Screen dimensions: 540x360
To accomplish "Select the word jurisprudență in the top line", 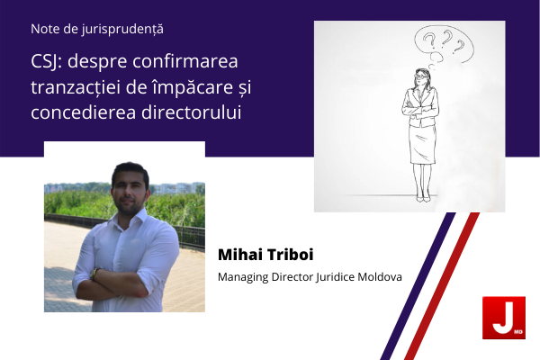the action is coord(122,30).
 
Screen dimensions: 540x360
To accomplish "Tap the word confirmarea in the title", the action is coord(185,61).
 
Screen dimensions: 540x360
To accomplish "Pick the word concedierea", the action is coord(84,112).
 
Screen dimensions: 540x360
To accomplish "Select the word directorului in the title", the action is coord(192,112).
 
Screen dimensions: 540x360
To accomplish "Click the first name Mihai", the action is coord(240,255).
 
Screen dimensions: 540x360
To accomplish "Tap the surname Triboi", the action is coord(290,255).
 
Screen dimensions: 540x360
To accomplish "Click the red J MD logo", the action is coord(504,318).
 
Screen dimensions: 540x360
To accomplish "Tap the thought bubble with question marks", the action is coord(444,44).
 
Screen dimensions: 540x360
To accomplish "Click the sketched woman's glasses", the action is coord(420,76).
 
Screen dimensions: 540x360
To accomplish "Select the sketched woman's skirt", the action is coord(422,144).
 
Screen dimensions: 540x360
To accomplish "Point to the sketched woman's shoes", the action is coord(423,199).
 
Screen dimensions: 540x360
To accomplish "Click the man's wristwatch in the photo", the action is coord(94,274).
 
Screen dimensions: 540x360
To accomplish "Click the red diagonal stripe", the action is coord(442,286).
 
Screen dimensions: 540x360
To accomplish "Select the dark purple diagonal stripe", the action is coord(418,286).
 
